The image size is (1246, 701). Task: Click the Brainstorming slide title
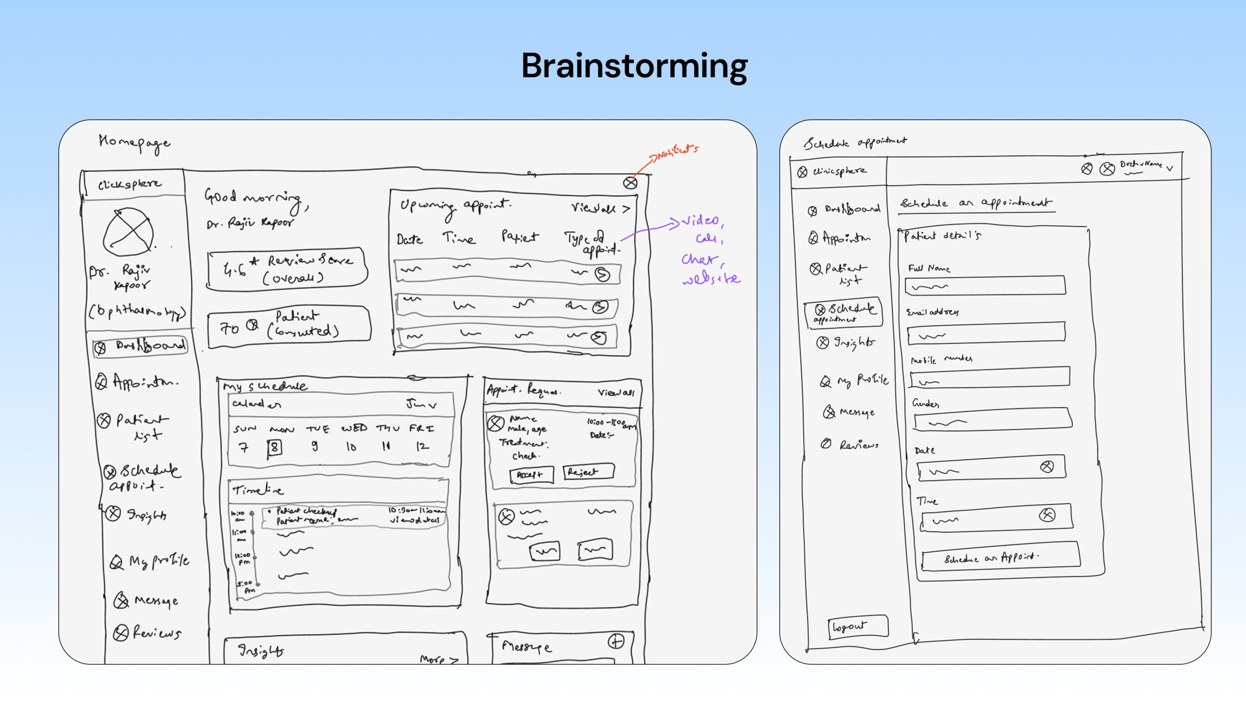click(634, 66)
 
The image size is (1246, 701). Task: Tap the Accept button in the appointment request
click(531, 475)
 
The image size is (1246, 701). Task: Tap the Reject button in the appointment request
click(588, 472)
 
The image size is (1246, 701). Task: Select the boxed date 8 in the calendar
click(275, 447)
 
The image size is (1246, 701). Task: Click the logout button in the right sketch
click(858, 627)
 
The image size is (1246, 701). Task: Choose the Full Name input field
click(985, 286)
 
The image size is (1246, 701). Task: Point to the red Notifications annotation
click(676, 153)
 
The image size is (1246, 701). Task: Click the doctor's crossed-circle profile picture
click(128, 232)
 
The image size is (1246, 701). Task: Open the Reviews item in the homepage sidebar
click(148, 633)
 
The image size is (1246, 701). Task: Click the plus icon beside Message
click(616, 642)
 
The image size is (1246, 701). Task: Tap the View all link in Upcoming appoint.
click(600, 209)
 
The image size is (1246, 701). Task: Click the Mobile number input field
click(989, 378)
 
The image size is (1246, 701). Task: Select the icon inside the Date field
click(1047, 467)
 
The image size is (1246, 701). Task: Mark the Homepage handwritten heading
click(134, 143)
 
